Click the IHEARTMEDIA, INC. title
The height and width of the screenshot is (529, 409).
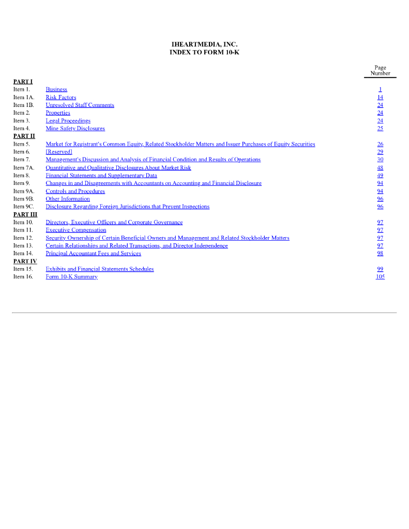[204, 44]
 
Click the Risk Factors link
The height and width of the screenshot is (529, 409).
[61, 97]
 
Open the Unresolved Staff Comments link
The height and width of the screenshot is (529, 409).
[80, 105]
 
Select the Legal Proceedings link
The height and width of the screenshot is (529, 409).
[68, 121]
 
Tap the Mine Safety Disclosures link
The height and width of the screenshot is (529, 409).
[75, 129]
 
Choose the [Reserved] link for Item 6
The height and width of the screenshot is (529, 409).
[58, 152]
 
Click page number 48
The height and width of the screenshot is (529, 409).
[380, 168]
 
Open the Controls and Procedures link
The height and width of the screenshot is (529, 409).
[75, 191]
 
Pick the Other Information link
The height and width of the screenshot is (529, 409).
[68, 199]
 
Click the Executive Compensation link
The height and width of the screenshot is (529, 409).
[76, 230]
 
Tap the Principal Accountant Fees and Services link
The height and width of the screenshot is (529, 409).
[93, 254]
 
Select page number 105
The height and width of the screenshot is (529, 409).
[380, 277]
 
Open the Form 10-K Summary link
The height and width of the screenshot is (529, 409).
[71, 277]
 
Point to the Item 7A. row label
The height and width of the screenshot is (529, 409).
[23, 168]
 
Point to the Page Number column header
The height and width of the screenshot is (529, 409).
[380, 70]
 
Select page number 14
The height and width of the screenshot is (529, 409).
[380, 97]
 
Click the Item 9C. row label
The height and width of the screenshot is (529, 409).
[23, 207]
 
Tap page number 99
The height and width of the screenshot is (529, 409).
[380, 269]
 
